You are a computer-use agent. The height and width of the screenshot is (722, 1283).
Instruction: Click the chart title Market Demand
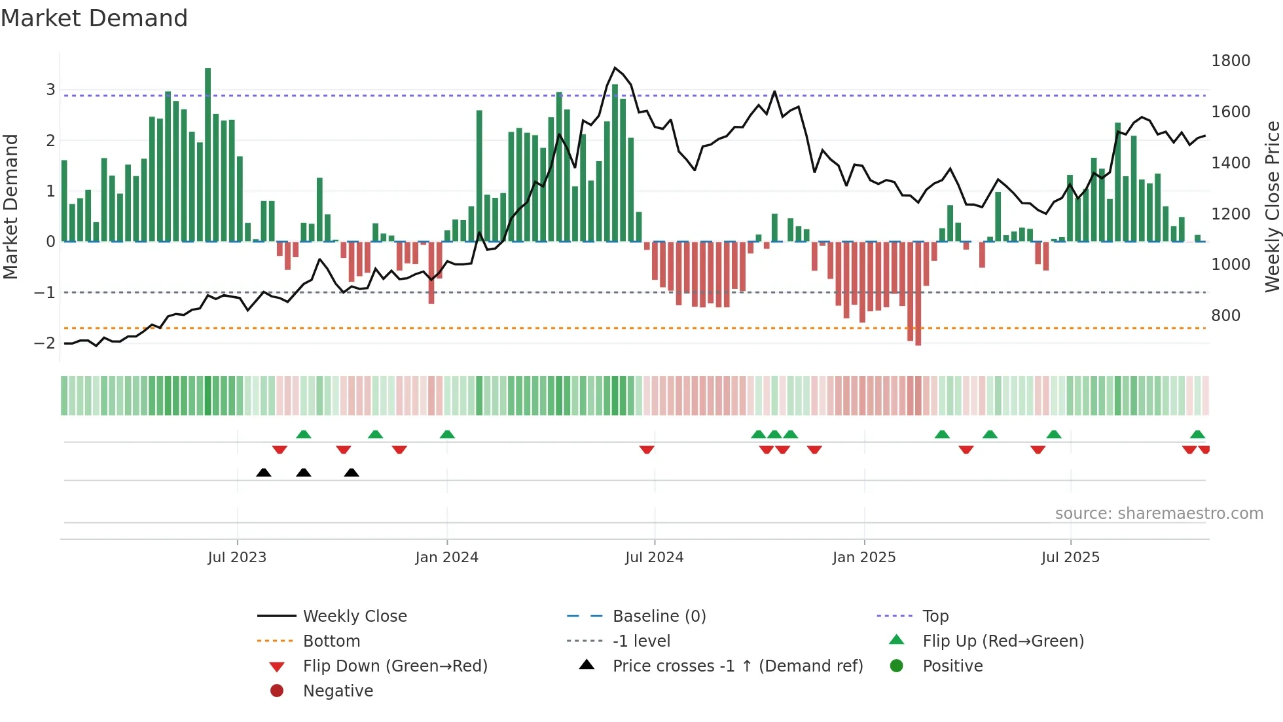tap(94, 18)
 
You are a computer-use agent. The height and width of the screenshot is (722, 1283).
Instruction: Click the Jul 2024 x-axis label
tap(654, 558)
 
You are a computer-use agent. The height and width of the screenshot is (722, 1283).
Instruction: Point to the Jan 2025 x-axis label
tap(863, 558)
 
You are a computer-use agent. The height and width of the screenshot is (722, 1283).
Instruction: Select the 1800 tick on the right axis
tap(1230, 61)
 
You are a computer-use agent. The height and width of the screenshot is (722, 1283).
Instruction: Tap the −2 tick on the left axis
tap(45, 343)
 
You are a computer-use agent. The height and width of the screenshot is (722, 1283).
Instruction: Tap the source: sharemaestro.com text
tap(1159, 514)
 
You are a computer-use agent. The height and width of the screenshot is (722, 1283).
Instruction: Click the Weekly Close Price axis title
tap(1272, 206)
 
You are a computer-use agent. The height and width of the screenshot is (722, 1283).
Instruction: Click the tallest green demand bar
tap(208, 155)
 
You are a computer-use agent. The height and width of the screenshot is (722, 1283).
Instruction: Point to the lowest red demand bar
tap(918, 294)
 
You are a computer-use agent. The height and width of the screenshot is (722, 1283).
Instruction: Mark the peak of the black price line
tap(615, 67)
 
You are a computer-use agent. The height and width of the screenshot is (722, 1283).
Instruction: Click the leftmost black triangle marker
tap(263, 472)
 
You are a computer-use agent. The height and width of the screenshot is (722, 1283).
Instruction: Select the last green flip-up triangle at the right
tap(1197, 434)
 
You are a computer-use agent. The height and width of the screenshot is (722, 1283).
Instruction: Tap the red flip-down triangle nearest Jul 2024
tap(647, 449)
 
